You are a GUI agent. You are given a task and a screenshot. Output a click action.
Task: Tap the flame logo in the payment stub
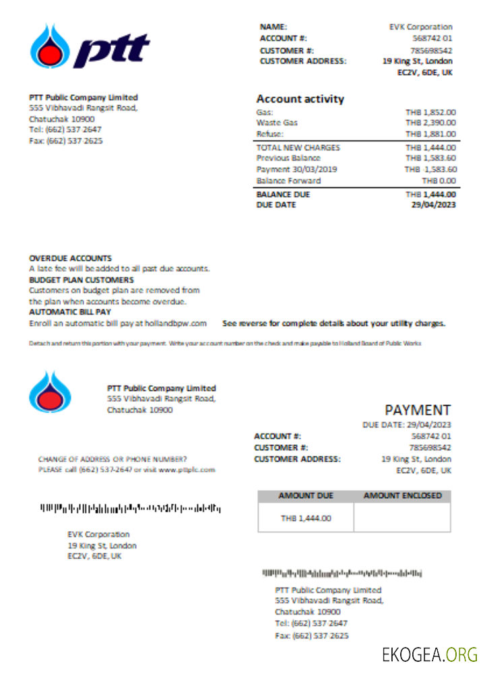47,392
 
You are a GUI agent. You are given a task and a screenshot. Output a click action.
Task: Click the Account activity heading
300,99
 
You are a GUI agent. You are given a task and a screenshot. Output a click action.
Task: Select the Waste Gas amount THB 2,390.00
430,123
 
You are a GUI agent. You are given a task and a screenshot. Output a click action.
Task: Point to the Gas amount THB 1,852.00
430,112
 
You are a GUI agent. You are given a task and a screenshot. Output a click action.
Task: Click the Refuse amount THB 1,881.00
430,134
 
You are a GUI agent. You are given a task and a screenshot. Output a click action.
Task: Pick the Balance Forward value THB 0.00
439,181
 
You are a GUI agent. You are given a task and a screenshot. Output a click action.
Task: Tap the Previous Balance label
288,158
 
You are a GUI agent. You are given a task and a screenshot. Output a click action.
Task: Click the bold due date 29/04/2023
433,205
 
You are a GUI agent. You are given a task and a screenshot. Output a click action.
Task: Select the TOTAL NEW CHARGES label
298,148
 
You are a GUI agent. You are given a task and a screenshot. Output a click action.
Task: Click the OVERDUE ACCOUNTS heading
71,258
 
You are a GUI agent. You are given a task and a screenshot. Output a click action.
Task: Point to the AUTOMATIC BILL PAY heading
70,312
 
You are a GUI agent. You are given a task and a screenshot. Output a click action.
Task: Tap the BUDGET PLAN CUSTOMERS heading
82,280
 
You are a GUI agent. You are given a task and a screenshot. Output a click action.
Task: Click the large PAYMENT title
418,410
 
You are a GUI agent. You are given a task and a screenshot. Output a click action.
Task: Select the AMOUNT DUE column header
306,496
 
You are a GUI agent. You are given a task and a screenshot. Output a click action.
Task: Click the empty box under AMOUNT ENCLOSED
402,518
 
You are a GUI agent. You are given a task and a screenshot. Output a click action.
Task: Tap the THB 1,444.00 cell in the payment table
306,518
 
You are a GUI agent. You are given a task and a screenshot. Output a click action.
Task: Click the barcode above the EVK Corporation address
130,507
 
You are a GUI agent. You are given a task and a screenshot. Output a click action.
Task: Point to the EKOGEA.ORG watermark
429,654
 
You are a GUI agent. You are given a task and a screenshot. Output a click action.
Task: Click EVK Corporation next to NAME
420,27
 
